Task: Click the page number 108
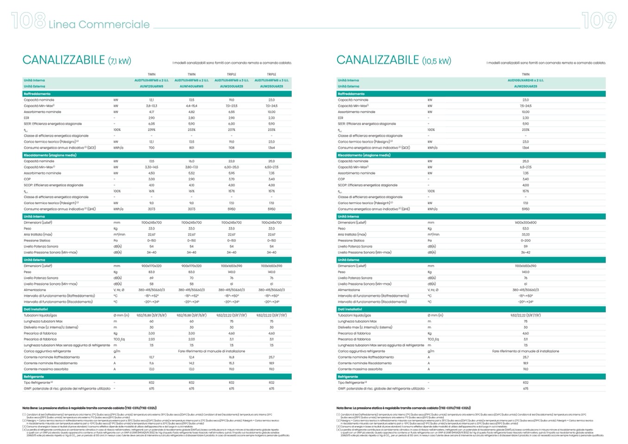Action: pyautogui.click(x=28, y=21)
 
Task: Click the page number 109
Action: pyautogui.click(x=599, y=21)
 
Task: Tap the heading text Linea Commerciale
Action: pyautogui.click(x=99, y=25)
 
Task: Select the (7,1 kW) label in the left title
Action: pyautogui.click(x=119, y=61)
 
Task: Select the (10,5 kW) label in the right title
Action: pyautogui.click(x=436, y=61)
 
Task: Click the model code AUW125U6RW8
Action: pyautogui.click(x=151, y=86)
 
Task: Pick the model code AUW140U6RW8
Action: pyautogui.click(x=191, y=86)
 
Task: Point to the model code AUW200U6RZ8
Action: pyautogui.click(x=232, y=86)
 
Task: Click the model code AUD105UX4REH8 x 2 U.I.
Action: pyautogui.click(x=525, y=80)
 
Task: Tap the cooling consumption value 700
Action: pyautogui.click(x=151, y=148)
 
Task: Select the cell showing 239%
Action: pyautogui.click(x=151, y=130)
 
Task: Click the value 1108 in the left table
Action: pyautogui.click(x=232, y=148)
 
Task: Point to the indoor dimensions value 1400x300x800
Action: pyautogui.click(x=525, y=223)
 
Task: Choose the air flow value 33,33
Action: pyautogui.click(x=525, y=235)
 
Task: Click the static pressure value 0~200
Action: pyautogui.click(x=525, y=241)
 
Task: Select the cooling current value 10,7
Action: pyautogui.click(x=151, y=357)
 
